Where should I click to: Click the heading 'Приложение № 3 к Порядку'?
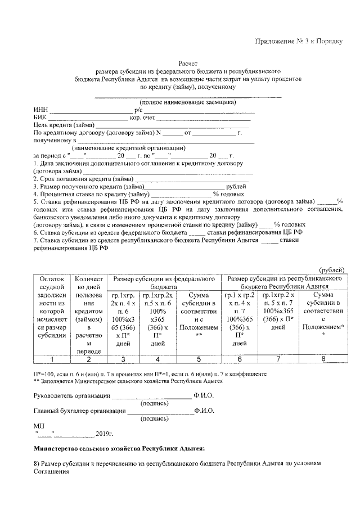(x=299, y=42)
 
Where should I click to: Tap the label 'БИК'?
(x=40, y=118)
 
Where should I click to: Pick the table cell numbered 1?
(x=51, y=359)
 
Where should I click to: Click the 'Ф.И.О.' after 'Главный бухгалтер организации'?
(x=204, y=411)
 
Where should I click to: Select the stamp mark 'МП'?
(x=38, y=426)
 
